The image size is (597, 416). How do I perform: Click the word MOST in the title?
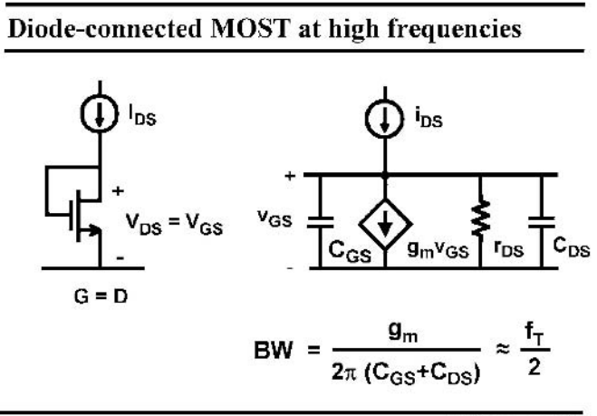click(250, 29)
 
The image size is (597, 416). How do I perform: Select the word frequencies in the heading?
click(454, 29)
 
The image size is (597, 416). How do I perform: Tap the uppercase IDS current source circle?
click(100, 113)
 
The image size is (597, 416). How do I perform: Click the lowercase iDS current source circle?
click(384, 118)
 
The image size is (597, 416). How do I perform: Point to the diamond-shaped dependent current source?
click(385, 224)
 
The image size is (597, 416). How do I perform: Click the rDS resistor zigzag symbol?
click(480, 218)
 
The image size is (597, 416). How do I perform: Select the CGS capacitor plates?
click(320, 222)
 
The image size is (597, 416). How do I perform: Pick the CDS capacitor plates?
click(542, 222)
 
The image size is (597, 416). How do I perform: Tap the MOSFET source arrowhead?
click(94, 230)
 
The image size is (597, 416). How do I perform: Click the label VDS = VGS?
click(174, 223)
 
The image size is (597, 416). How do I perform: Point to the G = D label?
click(101, 296)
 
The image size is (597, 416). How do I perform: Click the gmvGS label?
click(438, 250)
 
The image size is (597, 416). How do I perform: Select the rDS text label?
click(508, 248)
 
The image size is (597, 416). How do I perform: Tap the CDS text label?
click(572, 247)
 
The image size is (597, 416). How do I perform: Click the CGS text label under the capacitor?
click(350, 252)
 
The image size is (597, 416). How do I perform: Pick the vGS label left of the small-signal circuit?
click(274, 218)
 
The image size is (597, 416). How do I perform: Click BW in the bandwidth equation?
click(274, 350)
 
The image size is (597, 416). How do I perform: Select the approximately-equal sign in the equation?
click(503, 349)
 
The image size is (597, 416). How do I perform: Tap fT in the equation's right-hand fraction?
click(534, 334)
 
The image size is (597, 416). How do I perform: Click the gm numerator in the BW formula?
click(403, 333)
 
